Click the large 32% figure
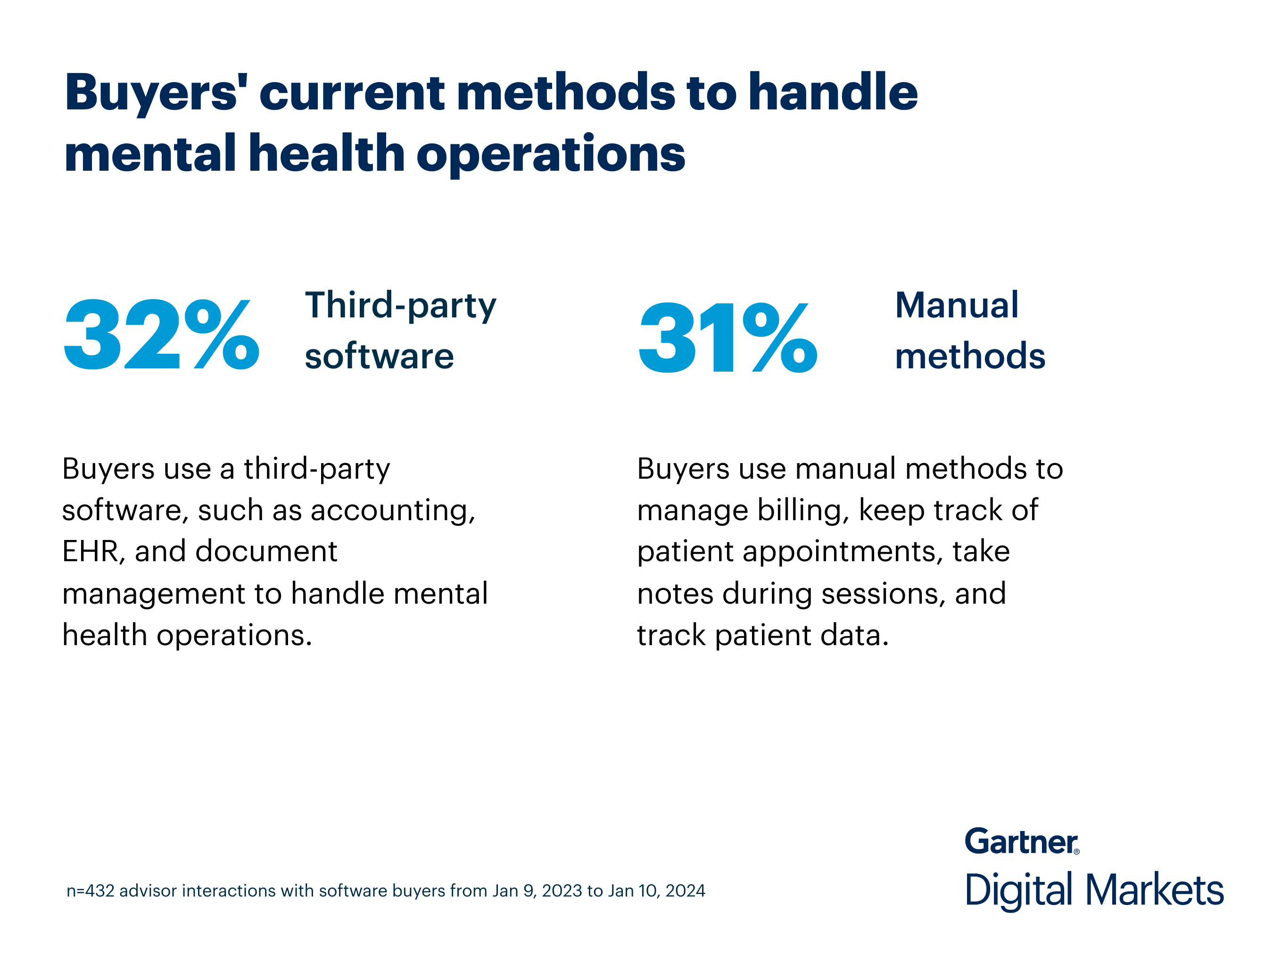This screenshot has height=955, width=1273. (x=161, y=335)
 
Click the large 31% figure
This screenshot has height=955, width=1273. (x=727, y=338)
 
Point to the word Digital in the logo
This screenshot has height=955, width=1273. (x=1018, y=891)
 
